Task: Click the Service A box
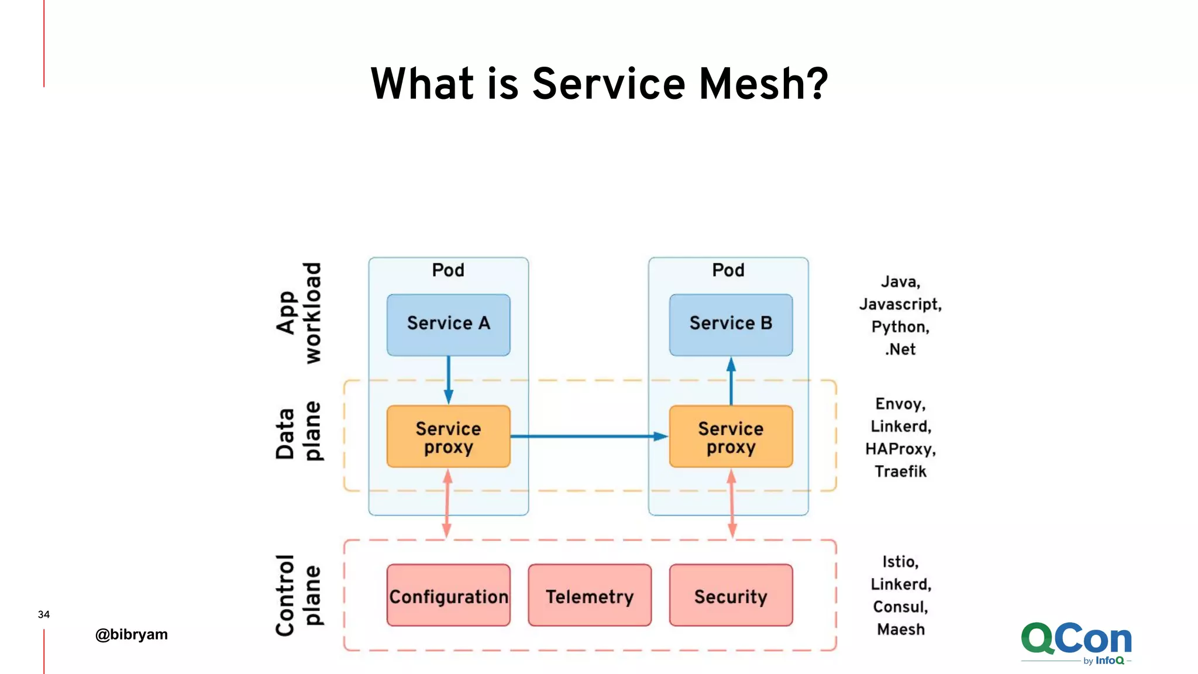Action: coord(448,325)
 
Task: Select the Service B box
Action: coord(731,325)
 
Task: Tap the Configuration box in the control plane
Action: coord(448,596)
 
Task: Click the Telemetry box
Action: coord(589,596)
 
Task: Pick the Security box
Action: coord(731,596)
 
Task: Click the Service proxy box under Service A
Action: coord(448,436)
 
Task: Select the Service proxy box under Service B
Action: coord(731,436)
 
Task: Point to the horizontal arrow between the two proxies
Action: coord(588,436)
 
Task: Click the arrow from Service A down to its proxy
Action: coord(448,379)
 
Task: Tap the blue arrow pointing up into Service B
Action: coord(731,380)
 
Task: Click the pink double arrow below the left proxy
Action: coord(447,503)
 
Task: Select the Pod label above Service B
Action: coord(728,270)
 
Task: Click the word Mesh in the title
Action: coord(763,84)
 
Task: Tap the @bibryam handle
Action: coord(132,635)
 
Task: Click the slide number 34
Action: coord(44,614)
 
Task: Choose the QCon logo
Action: coord(1076,642)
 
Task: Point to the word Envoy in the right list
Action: coord(899,404)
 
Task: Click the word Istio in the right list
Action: coord(900,562)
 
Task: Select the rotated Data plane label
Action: coord(298,432)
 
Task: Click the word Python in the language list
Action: coord(899,326)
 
